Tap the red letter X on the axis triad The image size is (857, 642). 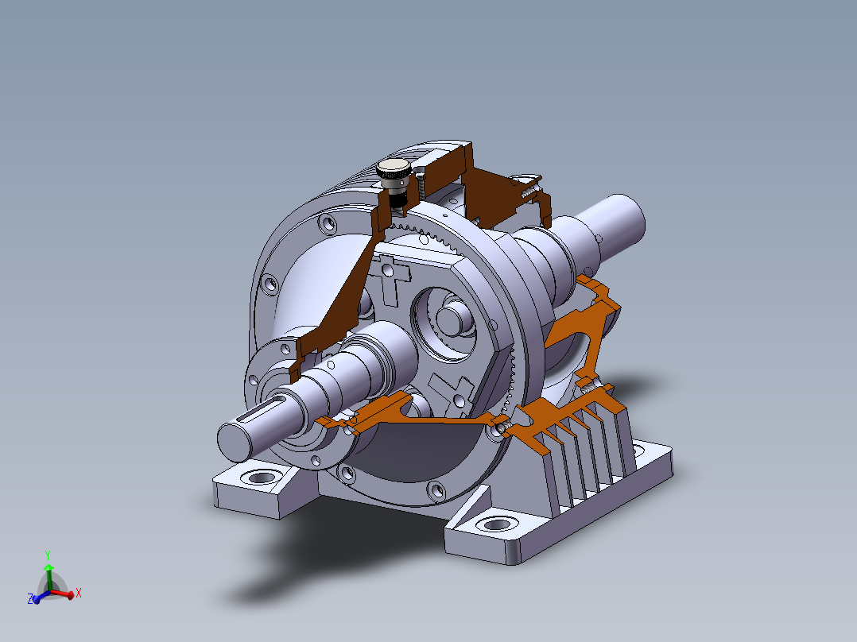pyautogui.click(x=79, y=593)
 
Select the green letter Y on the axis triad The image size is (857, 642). pyautogui.click(x=48, y=555)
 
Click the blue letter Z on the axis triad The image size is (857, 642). pyautogui.click(x=30, y=599)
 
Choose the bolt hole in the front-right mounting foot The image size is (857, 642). pyautogui.click(x=496, y=524)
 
